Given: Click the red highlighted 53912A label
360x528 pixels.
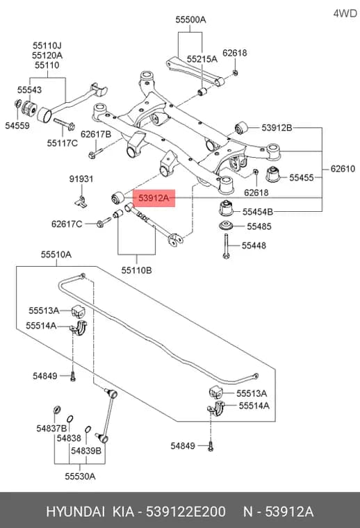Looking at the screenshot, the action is (x=154, y=198).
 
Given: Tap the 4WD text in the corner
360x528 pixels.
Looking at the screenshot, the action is (x=345, y=13).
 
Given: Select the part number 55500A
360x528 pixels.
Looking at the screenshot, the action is (x=190, y=20).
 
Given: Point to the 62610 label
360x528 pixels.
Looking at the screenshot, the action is (x=343, y=168).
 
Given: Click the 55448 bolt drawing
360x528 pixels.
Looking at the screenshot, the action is (x=226, y=246).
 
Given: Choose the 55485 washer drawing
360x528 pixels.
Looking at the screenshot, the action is (x=226, y=226).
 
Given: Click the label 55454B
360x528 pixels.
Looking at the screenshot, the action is (x=258, y=212).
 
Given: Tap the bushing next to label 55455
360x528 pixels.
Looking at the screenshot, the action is (x=273, y=174).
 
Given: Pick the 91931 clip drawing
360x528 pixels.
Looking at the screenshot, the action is (x=81, y=201).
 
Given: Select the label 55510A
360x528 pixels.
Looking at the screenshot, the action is (x=56, y=254).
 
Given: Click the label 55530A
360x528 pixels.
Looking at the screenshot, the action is (x=80, y=476).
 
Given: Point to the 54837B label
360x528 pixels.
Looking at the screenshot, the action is (x=51, y=429).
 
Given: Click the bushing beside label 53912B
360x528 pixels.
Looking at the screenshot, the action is (x=241, y=127).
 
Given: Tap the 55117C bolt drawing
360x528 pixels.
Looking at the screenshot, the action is (x=64, y=124).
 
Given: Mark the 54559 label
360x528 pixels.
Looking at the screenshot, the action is (x=17, y=126).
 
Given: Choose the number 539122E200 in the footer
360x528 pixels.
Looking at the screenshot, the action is (x=186, y=512).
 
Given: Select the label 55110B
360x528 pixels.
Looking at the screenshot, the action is (x=136, y=270).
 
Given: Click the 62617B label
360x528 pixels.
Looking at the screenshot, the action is (x=96, y=134).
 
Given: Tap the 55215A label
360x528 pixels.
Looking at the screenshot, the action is (x=202, y=59).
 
